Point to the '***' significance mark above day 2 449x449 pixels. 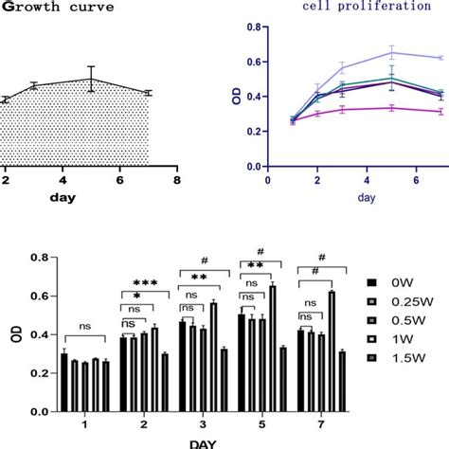pyautogui.click(x=144, y=284)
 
